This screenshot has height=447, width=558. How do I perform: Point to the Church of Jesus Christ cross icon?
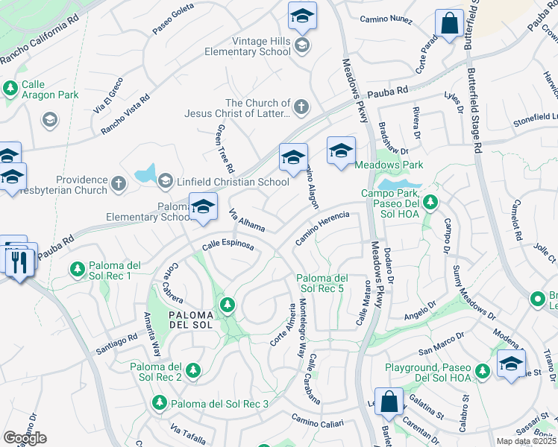tap(301, 108)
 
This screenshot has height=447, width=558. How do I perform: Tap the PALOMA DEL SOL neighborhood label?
tap(191, 320)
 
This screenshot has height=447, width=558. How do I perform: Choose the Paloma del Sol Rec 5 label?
tap(320, 282)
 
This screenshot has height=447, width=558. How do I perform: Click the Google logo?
tap(25, 438)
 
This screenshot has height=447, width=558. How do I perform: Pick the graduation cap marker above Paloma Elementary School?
tap(202, 207)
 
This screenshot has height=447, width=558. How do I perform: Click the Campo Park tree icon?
tap(430, 201)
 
